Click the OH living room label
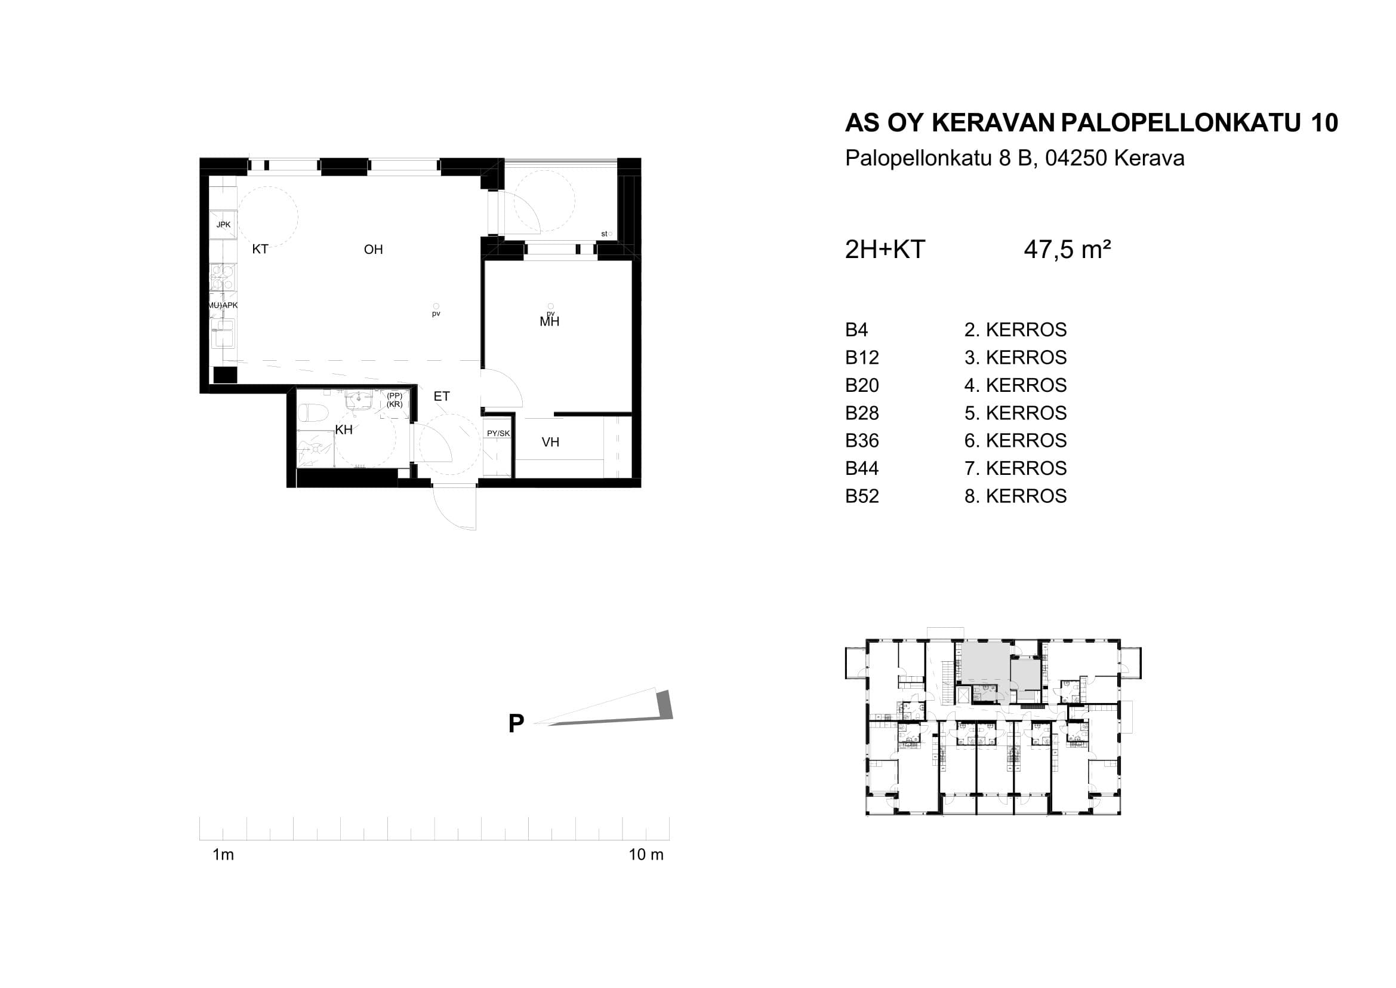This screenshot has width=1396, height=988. point(373,250)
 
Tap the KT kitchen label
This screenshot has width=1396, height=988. point(260,250)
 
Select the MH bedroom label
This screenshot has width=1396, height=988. point(550,322)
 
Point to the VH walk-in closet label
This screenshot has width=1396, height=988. point(550,442)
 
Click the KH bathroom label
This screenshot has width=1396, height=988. point(344,430)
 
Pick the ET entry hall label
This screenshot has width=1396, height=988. point(442,397)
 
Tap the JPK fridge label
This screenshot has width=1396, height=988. point(224,225)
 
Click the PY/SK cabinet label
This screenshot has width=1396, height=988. point(498,433)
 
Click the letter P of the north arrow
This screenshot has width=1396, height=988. point(516,724)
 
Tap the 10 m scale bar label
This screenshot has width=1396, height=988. point(646,855)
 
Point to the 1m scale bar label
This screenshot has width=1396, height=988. point(223,855)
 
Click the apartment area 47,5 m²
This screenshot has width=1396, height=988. point(1068,250)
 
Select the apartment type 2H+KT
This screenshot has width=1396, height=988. point(885,250)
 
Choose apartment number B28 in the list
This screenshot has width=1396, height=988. point(862,413)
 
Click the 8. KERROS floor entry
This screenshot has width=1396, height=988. point(1015,496)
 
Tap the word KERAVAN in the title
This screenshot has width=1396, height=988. point(993,123)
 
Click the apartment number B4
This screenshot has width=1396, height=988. point(856,330)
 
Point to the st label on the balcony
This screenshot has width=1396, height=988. point(604,234)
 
